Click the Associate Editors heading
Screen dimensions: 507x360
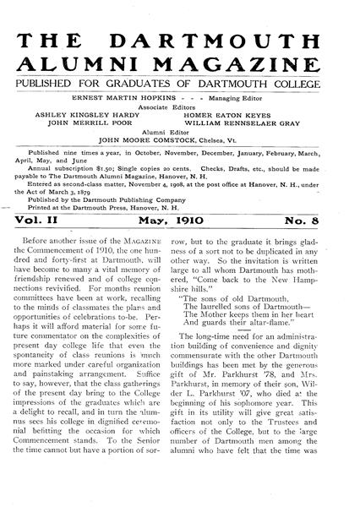click(x=178, y=107)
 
